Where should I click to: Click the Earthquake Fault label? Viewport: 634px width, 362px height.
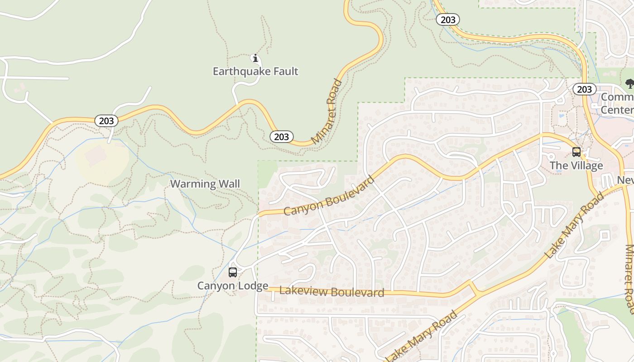(x=255, y=71)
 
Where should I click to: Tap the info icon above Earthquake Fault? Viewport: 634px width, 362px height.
(x=255, y=58)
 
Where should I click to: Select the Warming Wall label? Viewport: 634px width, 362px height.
(x=205, y=184)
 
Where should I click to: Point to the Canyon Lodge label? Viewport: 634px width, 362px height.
(x=233, y=286)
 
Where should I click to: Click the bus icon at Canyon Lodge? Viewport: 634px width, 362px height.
(x=233, y=272)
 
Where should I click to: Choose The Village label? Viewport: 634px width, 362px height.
(x=576, y=166)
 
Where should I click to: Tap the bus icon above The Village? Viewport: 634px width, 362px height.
(x=576, y=152)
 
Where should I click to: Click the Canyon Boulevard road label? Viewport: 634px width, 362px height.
(x=329, y=195)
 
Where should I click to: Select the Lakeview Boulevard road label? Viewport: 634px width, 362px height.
(x=332, y=292)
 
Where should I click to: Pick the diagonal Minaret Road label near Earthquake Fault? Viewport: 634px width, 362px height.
(x=327, y=111)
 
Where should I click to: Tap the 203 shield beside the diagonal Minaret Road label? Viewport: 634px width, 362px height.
(x=282, y=136)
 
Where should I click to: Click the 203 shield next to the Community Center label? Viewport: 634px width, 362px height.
(x=584, y=89)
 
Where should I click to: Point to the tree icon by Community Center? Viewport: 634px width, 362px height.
(x=629, y=83)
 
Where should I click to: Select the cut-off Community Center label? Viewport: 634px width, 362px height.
(x=617, y=104)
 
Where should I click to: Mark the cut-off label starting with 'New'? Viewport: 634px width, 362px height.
(x=625, y=181)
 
